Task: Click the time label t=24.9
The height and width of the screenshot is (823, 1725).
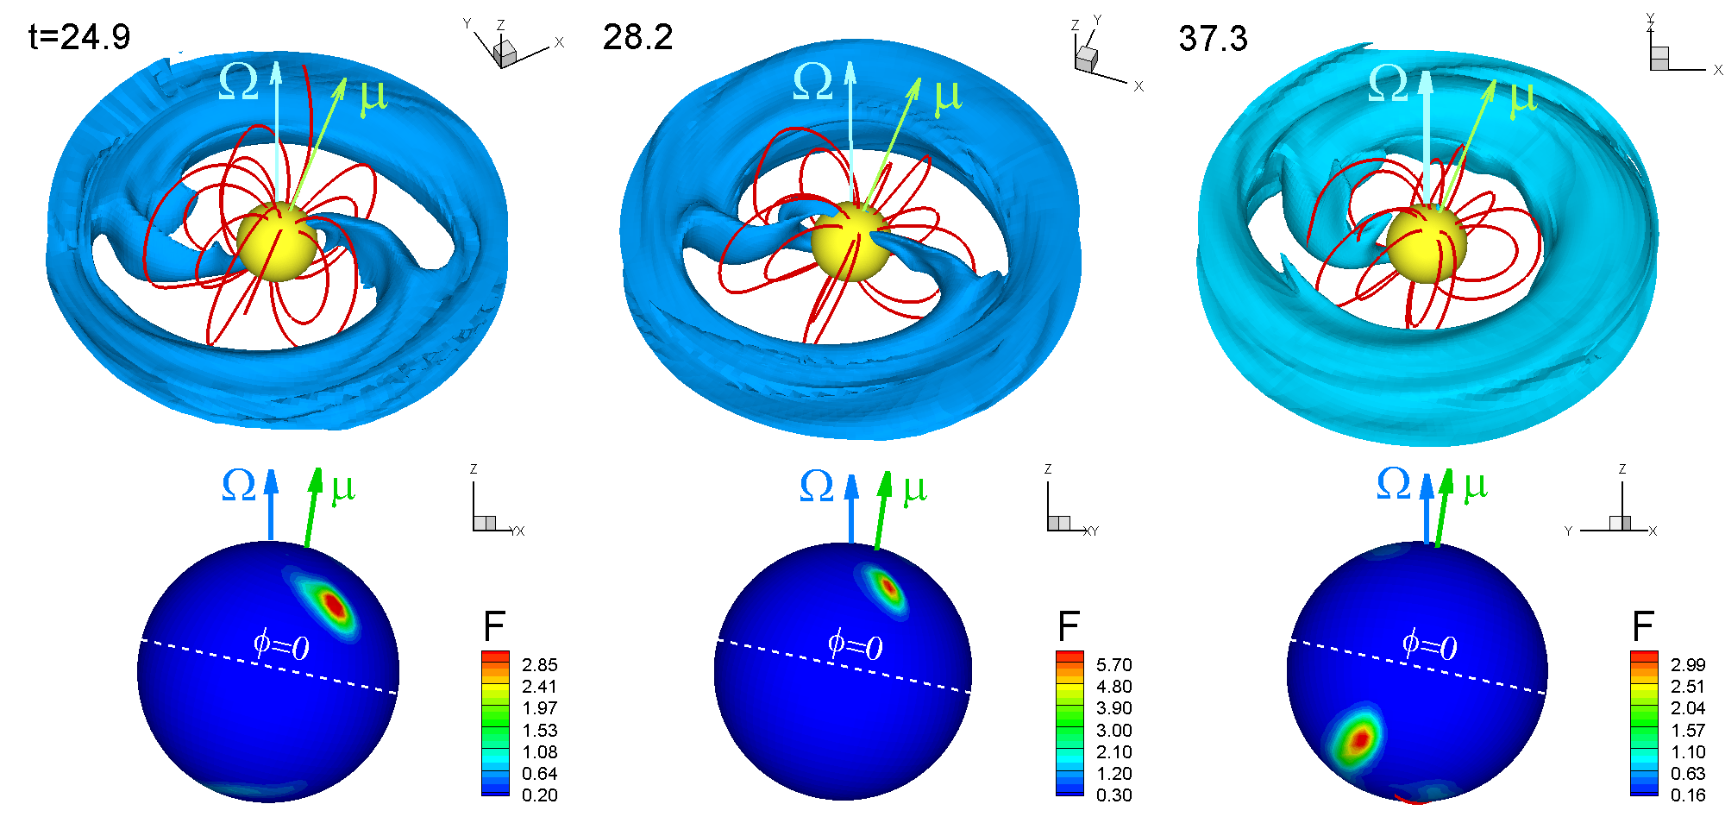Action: [79, 37]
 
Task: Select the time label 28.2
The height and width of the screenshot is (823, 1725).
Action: [637, 37]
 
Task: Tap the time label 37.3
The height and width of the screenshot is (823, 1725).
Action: [1213, 39]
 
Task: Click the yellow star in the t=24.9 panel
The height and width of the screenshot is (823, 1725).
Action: [277, 242]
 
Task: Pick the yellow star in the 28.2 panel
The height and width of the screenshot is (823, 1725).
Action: [850, 242]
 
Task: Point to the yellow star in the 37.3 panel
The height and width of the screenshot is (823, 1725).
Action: [1427, 244]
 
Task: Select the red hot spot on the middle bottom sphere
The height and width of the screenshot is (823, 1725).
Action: [888, 587]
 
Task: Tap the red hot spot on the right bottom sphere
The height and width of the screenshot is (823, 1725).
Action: [1359, 739]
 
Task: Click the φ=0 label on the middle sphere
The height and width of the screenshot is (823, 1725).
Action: [855, 644]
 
